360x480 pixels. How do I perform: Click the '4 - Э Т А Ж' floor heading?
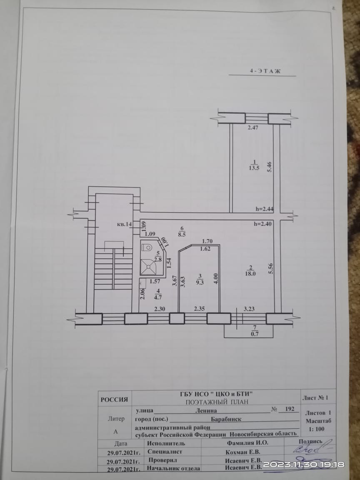point(265,71)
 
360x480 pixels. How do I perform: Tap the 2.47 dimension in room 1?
point(253,128)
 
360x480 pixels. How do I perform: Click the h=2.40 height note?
point(263,223)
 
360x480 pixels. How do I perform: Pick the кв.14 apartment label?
point(124,224)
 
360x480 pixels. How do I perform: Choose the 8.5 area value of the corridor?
point(181,234)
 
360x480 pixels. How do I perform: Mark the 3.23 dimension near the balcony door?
point(249,309)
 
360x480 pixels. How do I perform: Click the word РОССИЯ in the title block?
point(114,400)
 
